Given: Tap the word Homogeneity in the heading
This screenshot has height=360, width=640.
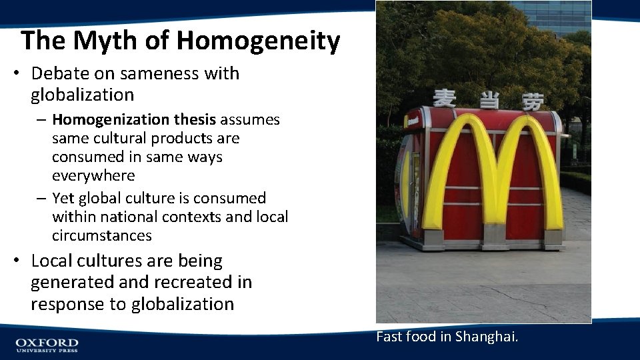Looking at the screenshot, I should pyautogui.click(x=258, y=41).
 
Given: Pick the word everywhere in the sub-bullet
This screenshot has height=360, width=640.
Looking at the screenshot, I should pyautogui.click(x=93, y=176).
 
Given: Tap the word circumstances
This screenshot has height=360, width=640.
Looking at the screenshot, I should pyautogui.click(x=102, y=236).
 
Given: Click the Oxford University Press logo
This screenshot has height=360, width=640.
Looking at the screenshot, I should pyautogui.click(x=47, y=345).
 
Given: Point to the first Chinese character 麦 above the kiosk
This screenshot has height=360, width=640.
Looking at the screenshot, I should pyautogui.click(x=445, y=99).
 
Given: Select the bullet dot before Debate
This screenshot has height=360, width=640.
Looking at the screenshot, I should pyautogui.click(x=15, y=74).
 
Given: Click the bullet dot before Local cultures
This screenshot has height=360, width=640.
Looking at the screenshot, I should pyautogui.click(x=15, y=261).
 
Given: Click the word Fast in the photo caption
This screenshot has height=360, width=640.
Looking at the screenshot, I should pyautogui.click(x=388, y=337).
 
